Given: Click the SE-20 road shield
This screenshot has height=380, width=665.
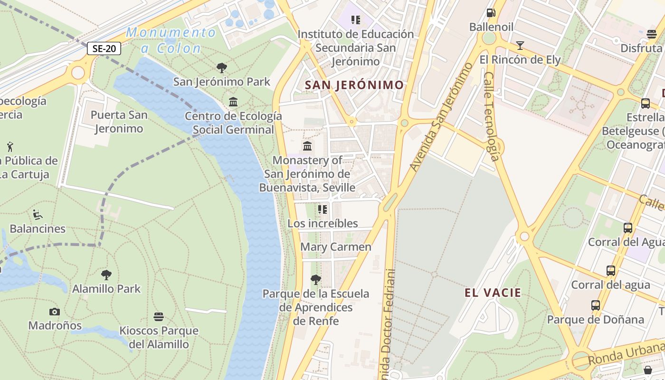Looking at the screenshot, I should coord(104,48).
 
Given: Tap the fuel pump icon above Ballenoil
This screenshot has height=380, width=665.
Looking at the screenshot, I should coord(491,13).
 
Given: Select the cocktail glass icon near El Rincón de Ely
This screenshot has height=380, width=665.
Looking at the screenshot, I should coord(520,46).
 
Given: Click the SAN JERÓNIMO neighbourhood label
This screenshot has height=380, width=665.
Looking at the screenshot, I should coord(354,85).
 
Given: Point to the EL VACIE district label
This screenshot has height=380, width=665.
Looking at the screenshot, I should coord(493,293).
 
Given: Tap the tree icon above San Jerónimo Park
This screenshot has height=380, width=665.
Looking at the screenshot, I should coord(221,68).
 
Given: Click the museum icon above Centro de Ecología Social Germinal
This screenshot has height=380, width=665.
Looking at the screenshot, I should coord(233,102).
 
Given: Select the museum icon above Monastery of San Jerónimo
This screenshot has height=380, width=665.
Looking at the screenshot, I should coord(307,146).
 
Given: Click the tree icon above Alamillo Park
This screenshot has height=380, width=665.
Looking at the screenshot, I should coord(106,275).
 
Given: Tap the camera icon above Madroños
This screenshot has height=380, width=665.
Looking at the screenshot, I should coord(55,312).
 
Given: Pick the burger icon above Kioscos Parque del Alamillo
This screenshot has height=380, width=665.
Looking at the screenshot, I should coord(159,317).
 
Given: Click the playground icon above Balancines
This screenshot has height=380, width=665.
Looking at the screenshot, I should coord(38,215).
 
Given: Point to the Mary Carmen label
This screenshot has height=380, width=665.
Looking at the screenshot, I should coord(336,247).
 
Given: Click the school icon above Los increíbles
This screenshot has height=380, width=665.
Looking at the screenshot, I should coord(323,209).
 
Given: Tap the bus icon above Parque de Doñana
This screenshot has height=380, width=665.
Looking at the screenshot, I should coord(596,305).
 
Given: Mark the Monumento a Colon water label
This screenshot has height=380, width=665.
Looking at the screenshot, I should coord(171,40).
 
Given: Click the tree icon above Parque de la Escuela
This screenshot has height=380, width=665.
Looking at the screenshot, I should coord(316,280).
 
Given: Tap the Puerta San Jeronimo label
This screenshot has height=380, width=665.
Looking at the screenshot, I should coord(119,122).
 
